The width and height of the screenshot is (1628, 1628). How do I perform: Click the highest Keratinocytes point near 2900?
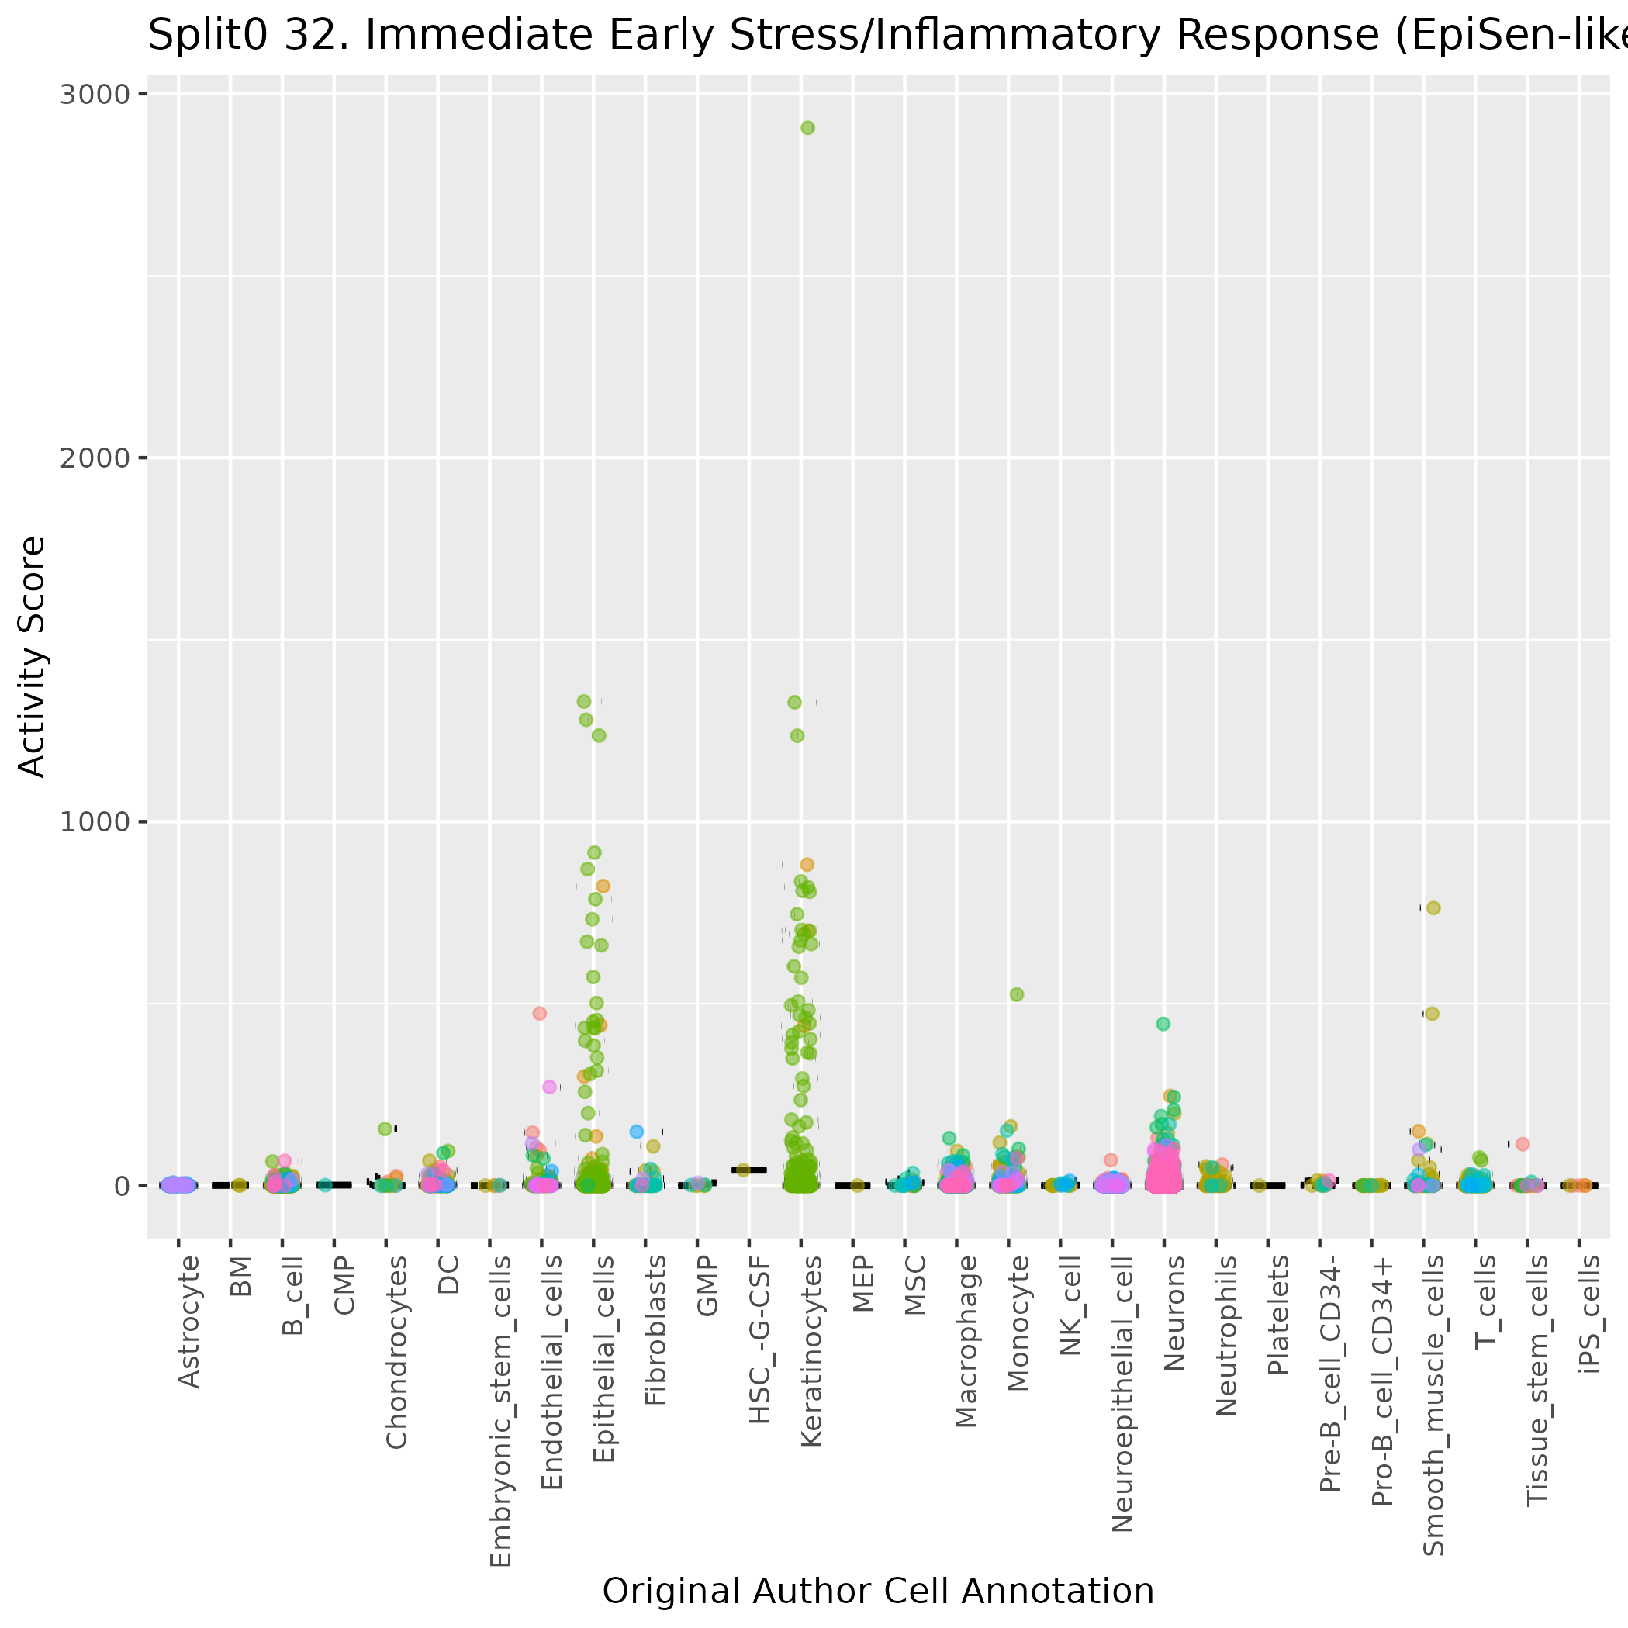click(807, 128)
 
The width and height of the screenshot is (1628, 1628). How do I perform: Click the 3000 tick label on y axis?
click(95, 94)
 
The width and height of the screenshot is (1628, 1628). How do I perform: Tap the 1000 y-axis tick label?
click(95, 821)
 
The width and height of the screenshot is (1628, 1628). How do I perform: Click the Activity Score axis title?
click(32, 656)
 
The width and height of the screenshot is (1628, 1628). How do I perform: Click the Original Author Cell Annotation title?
click(878, 1591)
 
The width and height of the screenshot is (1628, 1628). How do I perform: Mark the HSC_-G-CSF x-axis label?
click(760, 1339)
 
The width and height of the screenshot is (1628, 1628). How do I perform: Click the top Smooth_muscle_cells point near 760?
click(1433, 907)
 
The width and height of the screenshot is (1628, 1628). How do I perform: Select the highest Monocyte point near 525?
click(1017, 994)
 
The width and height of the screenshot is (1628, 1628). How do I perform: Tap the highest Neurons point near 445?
click(1163, 1024)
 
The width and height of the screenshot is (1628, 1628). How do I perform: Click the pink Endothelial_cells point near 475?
click(539, 1014)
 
